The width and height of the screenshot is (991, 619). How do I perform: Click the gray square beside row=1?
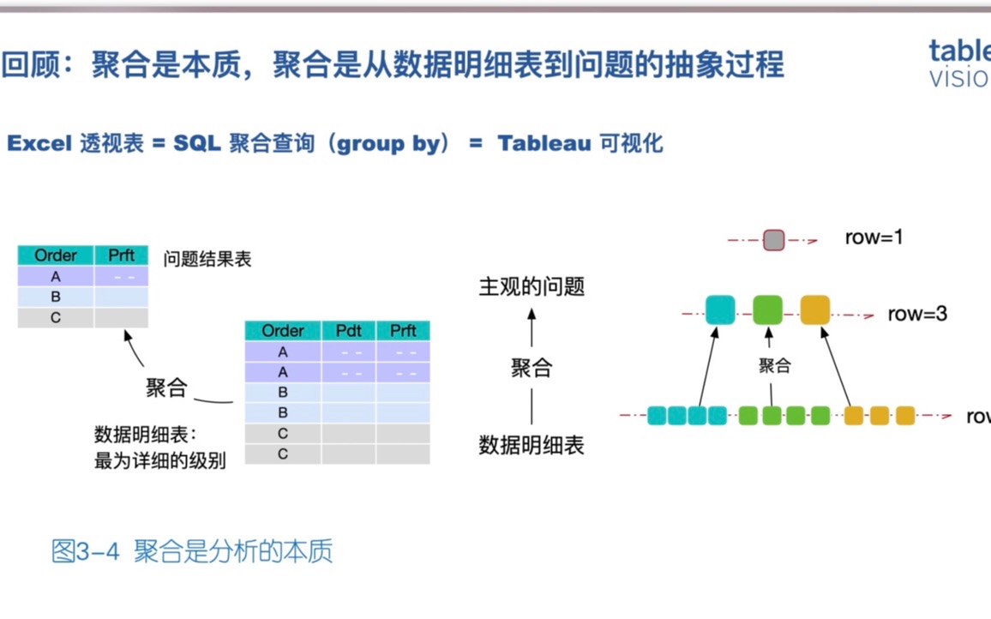(x=773, y=239)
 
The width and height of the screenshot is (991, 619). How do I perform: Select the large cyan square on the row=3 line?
(x=720, y=309)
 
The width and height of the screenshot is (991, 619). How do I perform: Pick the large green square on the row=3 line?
(x=768, y=309)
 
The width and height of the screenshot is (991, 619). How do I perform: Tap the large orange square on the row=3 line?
(x=815, y=309)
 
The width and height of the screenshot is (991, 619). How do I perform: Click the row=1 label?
(x=874, y=237)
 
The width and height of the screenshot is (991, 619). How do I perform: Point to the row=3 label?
(x=917, y=314)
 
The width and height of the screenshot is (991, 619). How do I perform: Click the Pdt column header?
(x=348, y=331)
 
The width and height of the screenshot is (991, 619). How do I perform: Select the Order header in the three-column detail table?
(x=283, y=331)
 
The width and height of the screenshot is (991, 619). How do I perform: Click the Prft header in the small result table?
(x=122, y=255)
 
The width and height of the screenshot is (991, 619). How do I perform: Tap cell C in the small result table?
(x=56, y=317)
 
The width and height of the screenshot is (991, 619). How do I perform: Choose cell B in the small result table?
(x=56, y=297)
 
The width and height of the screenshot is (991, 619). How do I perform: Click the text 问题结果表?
(x=207, y=259)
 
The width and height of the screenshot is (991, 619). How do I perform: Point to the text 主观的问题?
(x=532, y=287)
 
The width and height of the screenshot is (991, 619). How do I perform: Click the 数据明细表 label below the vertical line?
(x=532, y=445)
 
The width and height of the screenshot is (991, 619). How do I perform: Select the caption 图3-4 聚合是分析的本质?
(x=192, y=551)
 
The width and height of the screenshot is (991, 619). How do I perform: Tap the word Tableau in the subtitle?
(x=544, y=143)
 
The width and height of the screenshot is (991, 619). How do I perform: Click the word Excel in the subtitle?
(x=39, y=143)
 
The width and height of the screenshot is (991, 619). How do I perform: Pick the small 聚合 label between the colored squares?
(x=774, y=366)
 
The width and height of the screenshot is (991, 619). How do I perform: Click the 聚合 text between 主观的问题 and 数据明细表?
(x=532, y=369)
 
